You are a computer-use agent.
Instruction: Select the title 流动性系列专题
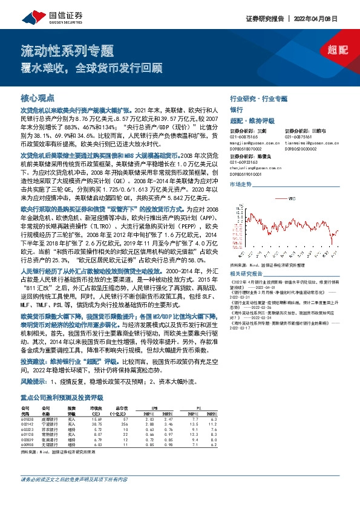(x=67, y=49)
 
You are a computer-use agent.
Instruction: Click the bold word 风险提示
(x=34, y=383)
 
